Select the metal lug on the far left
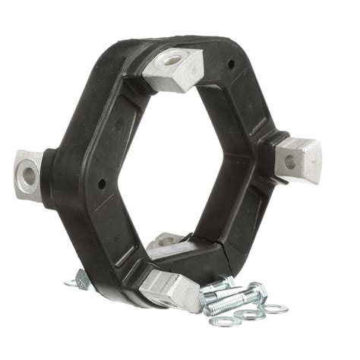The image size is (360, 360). click(30, 170)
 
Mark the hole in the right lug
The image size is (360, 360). click(288, 159)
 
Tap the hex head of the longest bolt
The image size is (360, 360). click(258, 290)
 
